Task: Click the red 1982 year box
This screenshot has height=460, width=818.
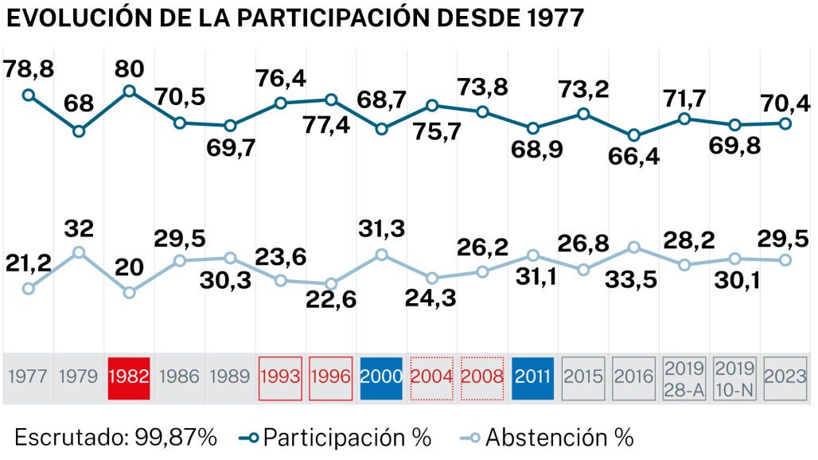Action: [x=129, y=376]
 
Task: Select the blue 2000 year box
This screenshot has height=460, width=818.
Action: [x=381, y=376]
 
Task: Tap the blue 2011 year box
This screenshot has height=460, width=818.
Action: [x=533, y=376]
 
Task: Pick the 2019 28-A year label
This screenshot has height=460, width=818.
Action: [x=684, y=376]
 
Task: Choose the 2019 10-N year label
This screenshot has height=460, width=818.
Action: [x=734, y=376]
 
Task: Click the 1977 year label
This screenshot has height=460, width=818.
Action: [x=28, y=376]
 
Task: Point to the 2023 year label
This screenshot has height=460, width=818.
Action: [x=785, y=376]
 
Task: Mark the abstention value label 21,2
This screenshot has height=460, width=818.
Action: [x=29, y=262]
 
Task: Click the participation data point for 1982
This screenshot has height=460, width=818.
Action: [x=129, y=91]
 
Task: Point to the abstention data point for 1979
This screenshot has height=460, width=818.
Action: [x=78, y=252]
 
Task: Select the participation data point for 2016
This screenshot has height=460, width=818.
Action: [x=634, y=136]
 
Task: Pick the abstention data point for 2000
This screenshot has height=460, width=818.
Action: [x=381, y=255]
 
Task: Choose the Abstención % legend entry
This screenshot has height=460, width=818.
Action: [x=547, y=436]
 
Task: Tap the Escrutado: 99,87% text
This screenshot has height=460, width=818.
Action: [x=115, y=436]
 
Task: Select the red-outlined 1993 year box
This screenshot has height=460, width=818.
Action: [x=280, y=376]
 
